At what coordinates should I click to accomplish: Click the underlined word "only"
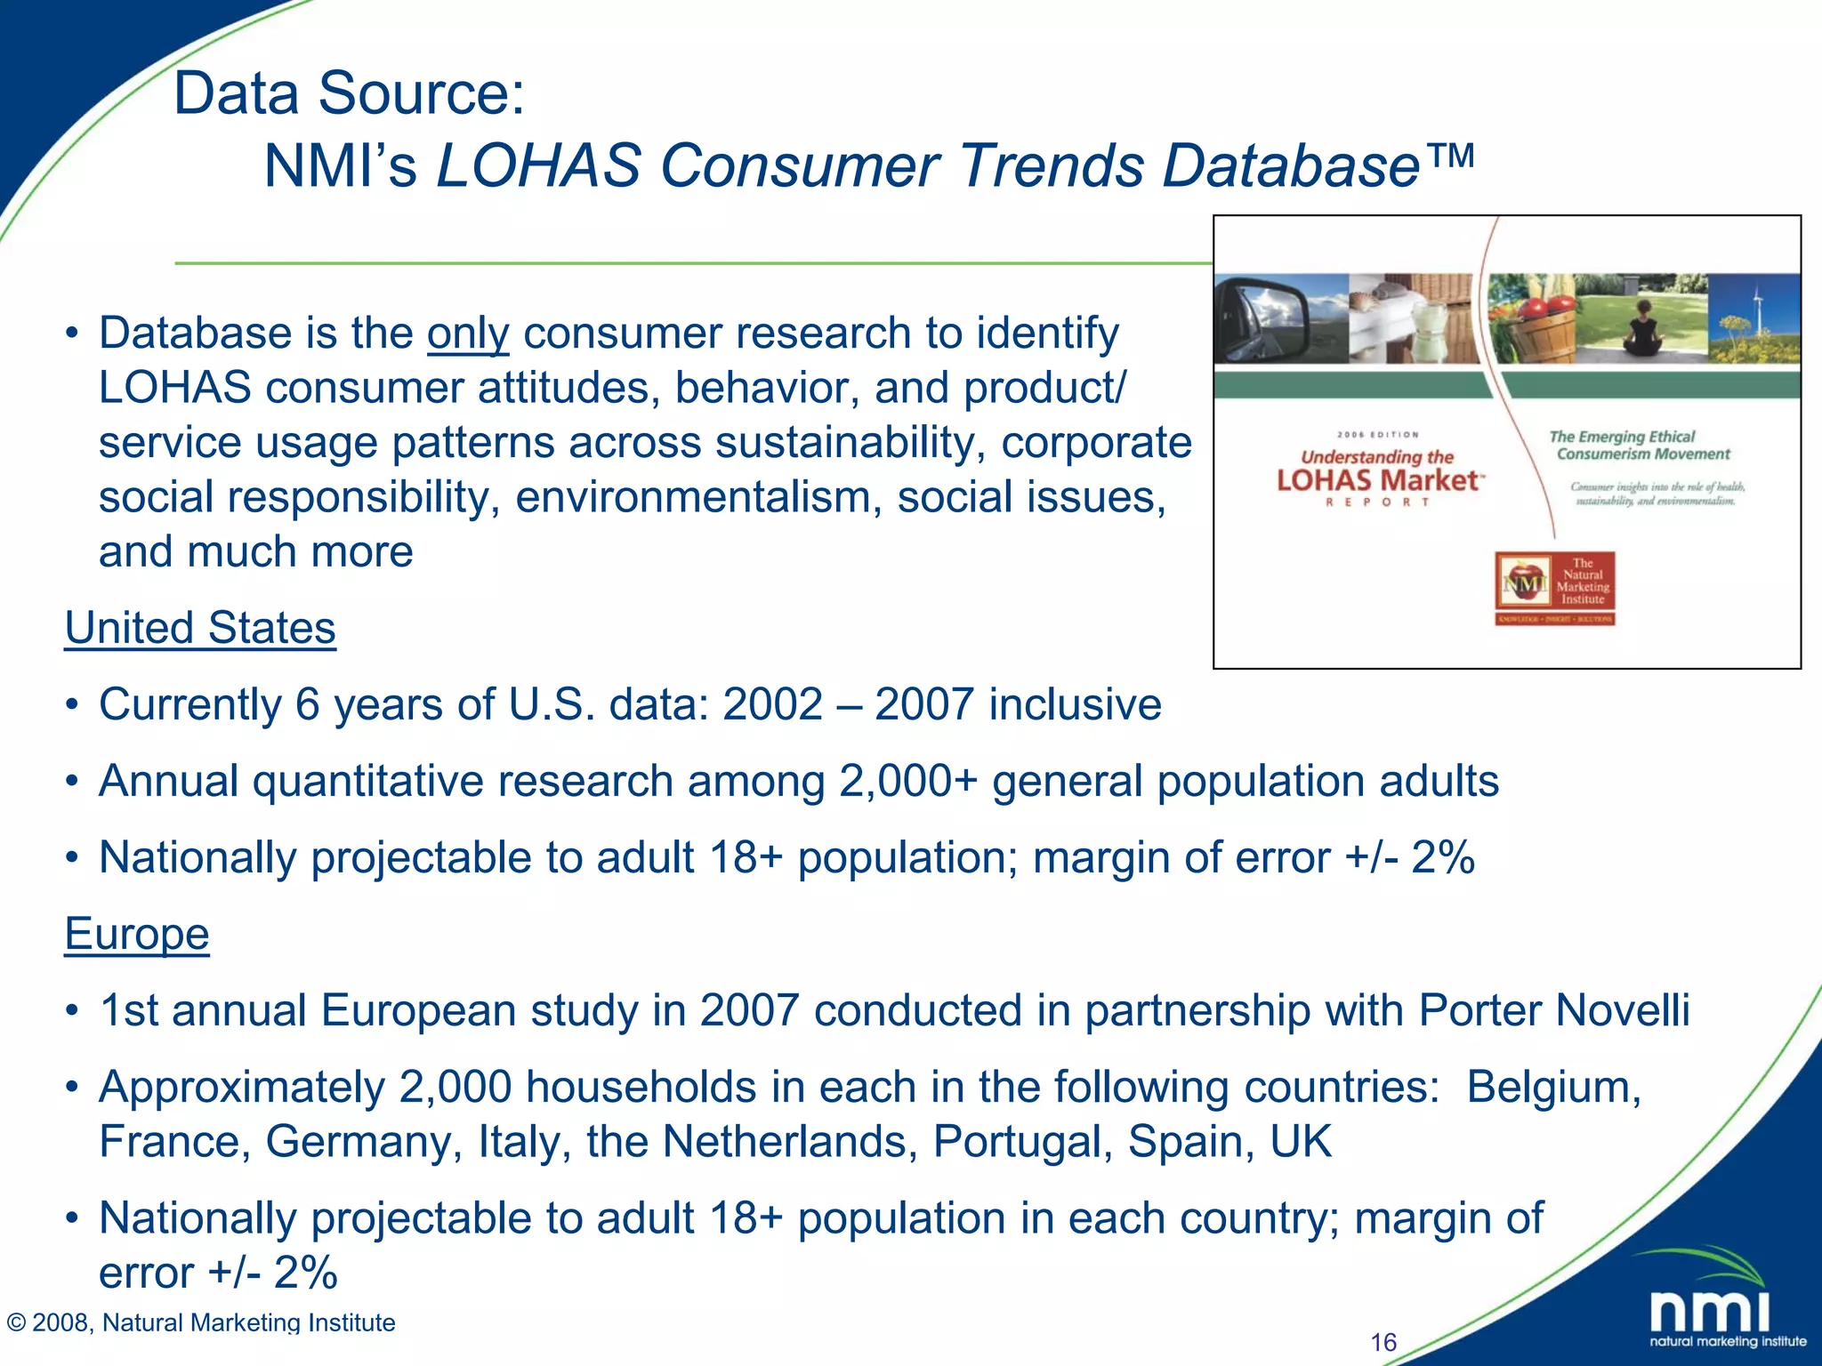click(x=468, y=334)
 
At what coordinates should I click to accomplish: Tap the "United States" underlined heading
click(x=200, y=628)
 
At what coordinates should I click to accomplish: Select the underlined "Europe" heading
click(x=137, y=934)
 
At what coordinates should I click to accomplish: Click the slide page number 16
click(x=1383, y=1342)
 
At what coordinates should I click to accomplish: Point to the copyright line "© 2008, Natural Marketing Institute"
click(x=201, y=1322)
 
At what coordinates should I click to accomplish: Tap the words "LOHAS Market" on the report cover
click(x=1378, y=481)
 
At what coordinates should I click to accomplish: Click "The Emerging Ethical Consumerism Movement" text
click(x=1640, y=445)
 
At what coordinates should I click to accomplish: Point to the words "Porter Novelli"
click(x=1553, y=1010)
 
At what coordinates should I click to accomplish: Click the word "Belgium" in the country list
click(x=1553, y=1087)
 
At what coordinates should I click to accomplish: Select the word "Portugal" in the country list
click(x=1022, y=1142)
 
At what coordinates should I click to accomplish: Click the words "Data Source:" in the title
click(x=350, y=92)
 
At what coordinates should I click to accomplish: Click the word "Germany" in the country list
click(x=364, y=1142)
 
